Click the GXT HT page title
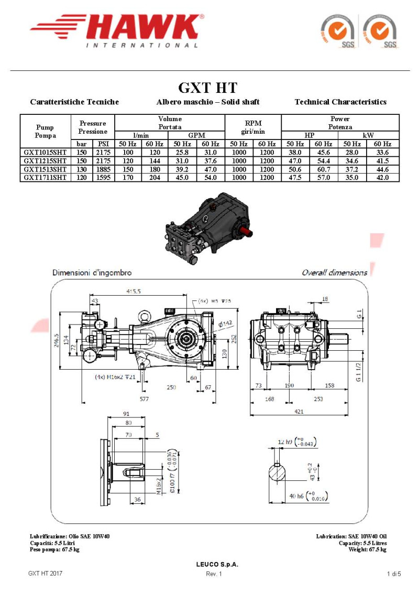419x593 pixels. pos(207,87)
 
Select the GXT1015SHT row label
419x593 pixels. pos(45,152)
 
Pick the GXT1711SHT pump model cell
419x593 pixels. pos(45,177)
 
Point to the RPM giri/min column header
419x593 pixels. pos(253,127)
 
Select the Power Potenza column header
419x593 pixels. pos(340,123)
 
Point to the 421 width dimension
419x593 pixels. pos(299,412)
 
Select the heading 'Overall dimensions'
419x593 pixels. pos(334,273)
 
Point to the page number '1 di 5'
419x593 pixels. pos(393,574)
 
